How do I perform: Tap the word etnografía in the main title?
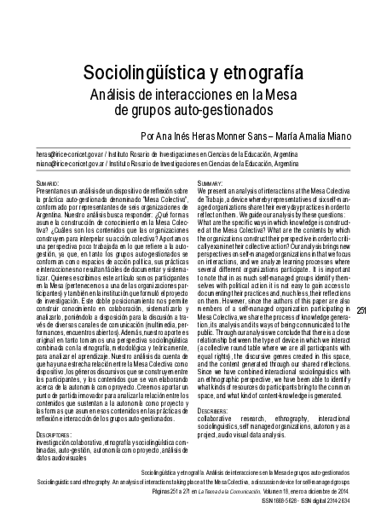(263, 72)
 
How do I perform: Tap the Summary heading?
(211, 182)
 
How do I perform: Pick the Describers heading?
(213, 409)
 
